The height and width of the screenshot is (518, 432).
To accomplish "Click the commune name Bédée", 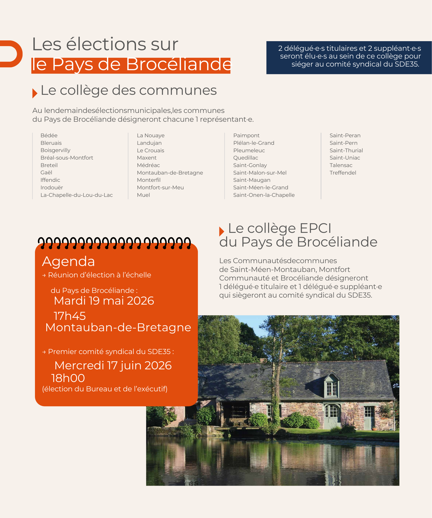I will pos(49,135).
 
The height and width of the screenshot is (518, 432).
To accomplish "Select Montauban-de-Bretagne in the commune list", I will pos(170,173).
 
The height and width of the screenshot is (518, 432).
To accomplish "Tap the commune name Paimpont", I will pos(246,135).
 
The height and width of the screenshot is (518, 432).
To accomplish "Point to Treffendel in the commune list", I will pos(343,173).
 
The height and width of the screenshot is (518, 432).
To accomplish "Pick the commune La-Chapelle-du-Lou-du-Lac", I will pos(77,195).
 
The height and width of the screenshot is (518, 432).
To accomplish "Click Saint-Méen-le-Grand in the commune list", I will pos(261,188).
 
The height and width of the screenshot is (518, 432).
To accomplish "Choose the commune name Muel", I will pos(143,195).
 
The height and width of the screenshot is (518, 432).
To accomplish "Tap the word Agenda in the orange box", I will pos(68,261).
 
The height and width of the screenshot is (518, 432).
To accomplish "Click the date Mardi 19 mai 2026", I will pos(104,301).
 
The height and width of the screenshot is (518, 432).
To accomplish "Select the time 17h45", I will pos(70,316).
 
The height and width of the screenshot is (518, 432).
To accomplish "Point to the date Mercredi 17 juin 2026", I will pos(113,365).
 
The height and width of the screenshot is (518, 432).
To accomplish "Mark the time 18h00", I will pos(68,378).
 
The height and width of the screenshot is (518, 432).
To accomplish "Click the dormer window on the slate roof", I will pos(332,386).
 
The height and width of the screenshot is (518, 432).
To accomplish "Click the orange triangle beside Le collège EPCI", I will pos(221,231).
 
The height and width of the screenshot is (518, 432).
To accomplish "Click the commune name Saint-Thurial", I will pos(346,150).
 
